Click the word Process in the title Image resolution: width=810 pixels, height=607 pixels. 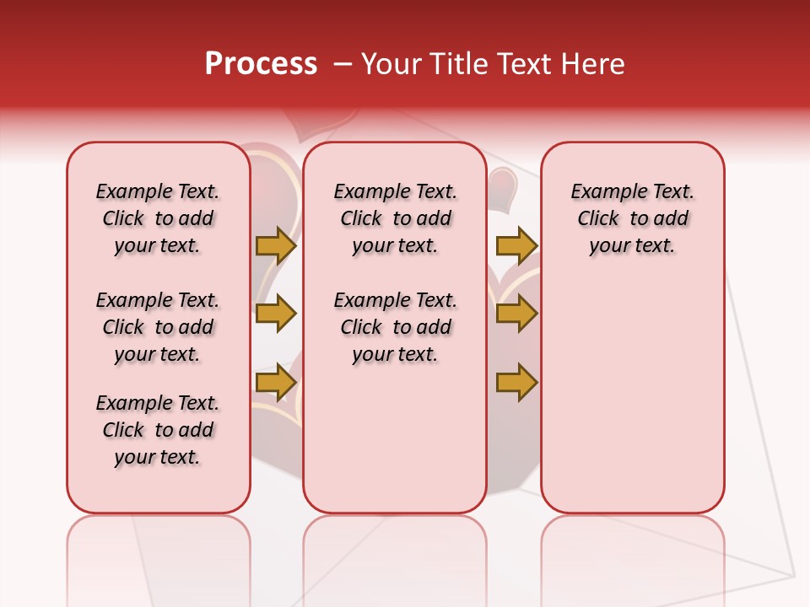[x=261, y=64]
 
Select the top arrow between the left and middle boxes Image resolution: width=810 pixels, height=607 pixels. [x=276, y=245]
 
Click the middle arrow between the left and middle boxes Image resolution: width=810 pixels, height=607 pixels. [x=276, y=314]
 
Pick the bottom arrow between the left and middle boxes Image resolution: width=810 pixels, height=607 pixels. [x=276, y=383]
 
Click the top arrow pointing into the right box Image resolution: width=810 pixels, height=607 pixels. [x=516, y=245]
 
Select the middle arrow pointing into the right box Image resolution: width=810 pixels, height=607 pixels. [x=516, y=314]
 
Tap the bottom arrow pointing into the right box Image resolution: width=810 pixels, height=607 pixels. [x=516, y=383]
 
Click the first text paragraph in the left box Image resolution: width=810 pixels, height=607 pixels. [x=158, y=218]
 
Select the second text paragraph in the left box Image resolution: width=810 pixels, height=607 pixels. [x=158, y=327]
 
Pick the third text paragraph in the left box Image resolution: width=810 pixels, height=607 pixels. [x=158, y=430]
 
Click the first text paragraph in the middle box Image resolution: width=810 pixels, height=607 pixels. [x=395, y=218]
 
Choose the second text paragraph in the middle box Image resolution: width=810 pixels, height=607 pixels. [x=395, y=327]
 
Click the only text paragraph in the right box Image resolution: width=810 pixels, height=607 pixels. [x=632, y=218]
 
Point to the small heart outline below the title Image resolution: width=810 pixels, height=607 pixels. [x=309, y=126]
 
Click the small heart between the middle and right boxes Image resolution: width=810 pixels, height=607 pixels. [x=504, y=187]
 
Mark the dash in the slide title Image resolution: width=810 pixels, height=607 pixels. [x=342, y=64]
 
